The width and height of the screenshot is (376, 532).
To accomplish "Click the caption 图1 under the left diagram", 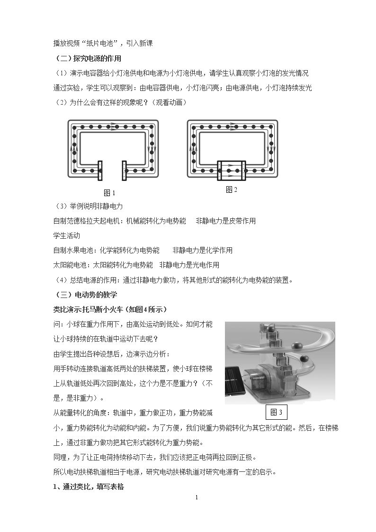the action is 109,193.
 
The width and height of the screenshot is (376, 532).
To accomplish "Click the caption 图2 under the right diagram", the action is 232,189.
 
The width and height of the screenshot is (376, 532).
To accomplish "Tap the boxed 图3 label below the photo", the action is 277,412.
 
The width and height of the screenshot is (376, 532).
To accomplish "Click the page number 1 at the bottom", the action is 197,498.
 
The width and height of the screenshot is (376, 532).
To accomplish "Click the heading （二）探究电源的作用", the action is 88,58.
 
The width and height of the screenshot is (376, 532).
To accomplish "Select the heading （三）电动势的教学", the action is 86,295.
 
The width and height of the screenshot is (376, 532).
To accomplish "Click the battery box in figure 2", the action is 232,171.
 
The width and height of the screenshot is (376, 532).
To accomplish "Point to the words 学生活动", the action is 66,235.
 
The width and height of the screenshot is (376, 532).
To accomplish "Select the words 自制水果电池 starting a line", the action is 73,251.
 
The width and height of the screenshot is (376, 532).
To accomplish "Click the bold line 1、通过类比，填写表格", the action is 89,487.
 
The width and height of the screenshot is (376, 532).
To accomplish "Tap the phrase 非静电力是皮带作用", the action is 226,221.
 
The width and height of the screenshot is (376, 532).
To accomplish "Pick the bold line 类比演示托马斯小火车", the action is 88,309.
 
